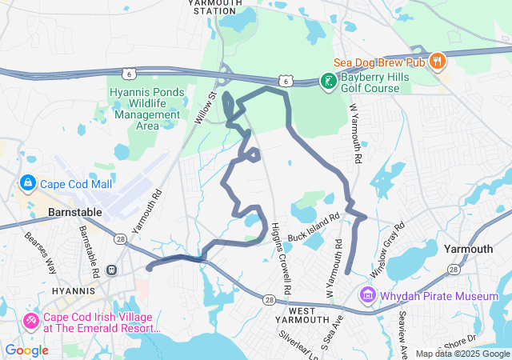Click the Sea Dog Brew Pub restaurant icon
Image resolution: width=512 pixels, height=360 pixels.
coord(437,59)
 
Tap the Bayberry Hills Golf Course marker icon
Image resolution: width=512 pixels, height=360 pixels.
coord(327,80)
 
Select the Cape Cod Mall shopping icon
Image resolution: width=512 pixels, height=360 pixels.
coord(27,183)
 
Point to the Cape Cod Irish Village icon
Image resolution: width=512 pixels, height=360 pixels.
coord(31,321)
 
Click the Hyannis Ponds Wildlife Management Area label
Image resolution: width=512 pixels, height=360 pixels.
coord(147,108)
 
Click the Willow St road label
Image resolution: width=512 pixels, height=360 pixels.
coord(206,106)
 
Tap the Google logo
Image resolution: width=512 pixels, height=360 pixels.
coord(26,350)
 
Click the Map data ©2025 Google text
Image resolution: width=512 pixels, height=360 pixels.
coord(462,354)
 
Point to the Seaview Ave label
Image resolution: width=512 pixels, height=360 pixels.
coord(402,331)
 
